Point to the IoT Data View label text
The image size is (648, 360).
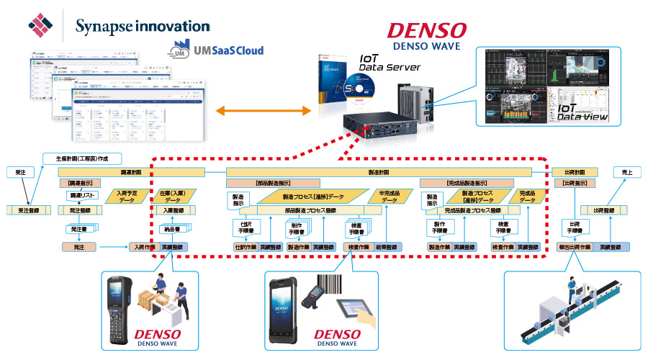point(582,110)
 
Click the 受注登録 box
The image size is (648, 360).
point(28,210)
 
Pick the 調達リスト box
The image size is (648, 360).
point(81,195)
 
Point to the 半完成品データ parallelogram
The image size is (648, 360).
point(390,196)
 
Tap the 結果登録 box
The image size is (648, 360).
point(387,247)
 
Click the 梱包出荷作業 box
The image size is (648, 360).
point(575,247)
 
